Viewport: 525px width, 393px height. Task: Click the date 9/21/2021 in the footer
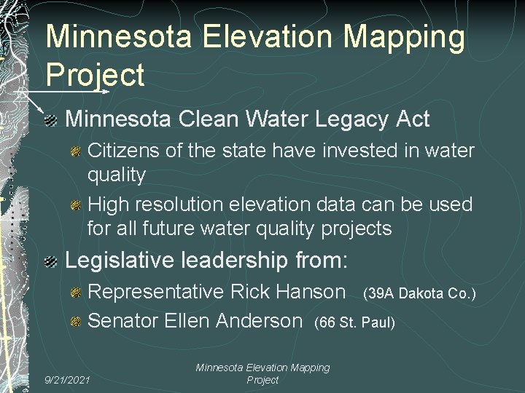(67, 380)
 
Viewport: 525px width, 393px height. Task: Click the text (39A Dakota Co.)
(419, 293)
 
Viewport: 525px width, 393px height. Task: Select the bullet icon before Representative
(76, 293)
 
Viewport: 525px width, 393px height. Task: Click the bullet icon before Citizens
(76, 152)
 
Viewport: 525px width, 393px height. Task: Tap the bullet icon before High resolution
(76, 206)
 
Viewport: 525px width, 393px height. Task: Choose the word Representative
(155, 293)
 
